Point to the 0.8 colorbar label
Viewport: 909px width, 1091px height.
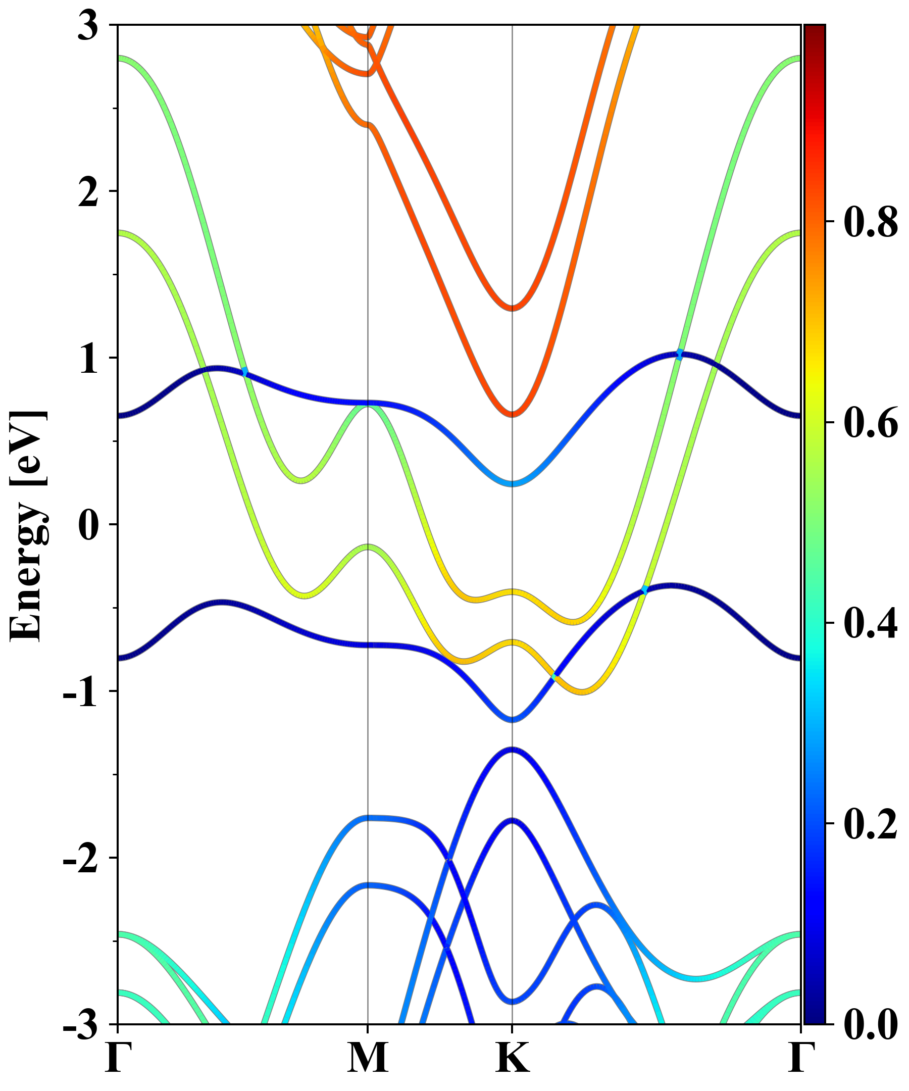click(871, 222)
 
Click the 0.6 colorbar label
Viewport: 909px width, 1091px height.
click(871, 422)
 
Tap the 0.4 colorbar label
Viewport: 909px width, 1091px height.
click(871, 623)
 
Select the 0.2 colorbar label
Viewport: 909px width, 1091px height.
click(871, 823)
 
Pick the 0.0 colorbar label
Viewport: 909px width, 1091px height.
click(871, 1024)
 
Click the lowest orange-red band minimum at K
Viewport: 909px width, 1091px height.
click(513, 414)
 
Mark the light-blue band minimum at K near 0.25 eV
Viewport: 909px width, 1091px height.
click(513, 484)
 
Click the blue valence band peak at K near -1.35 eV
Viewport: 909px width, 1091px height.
click(513, 749)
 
